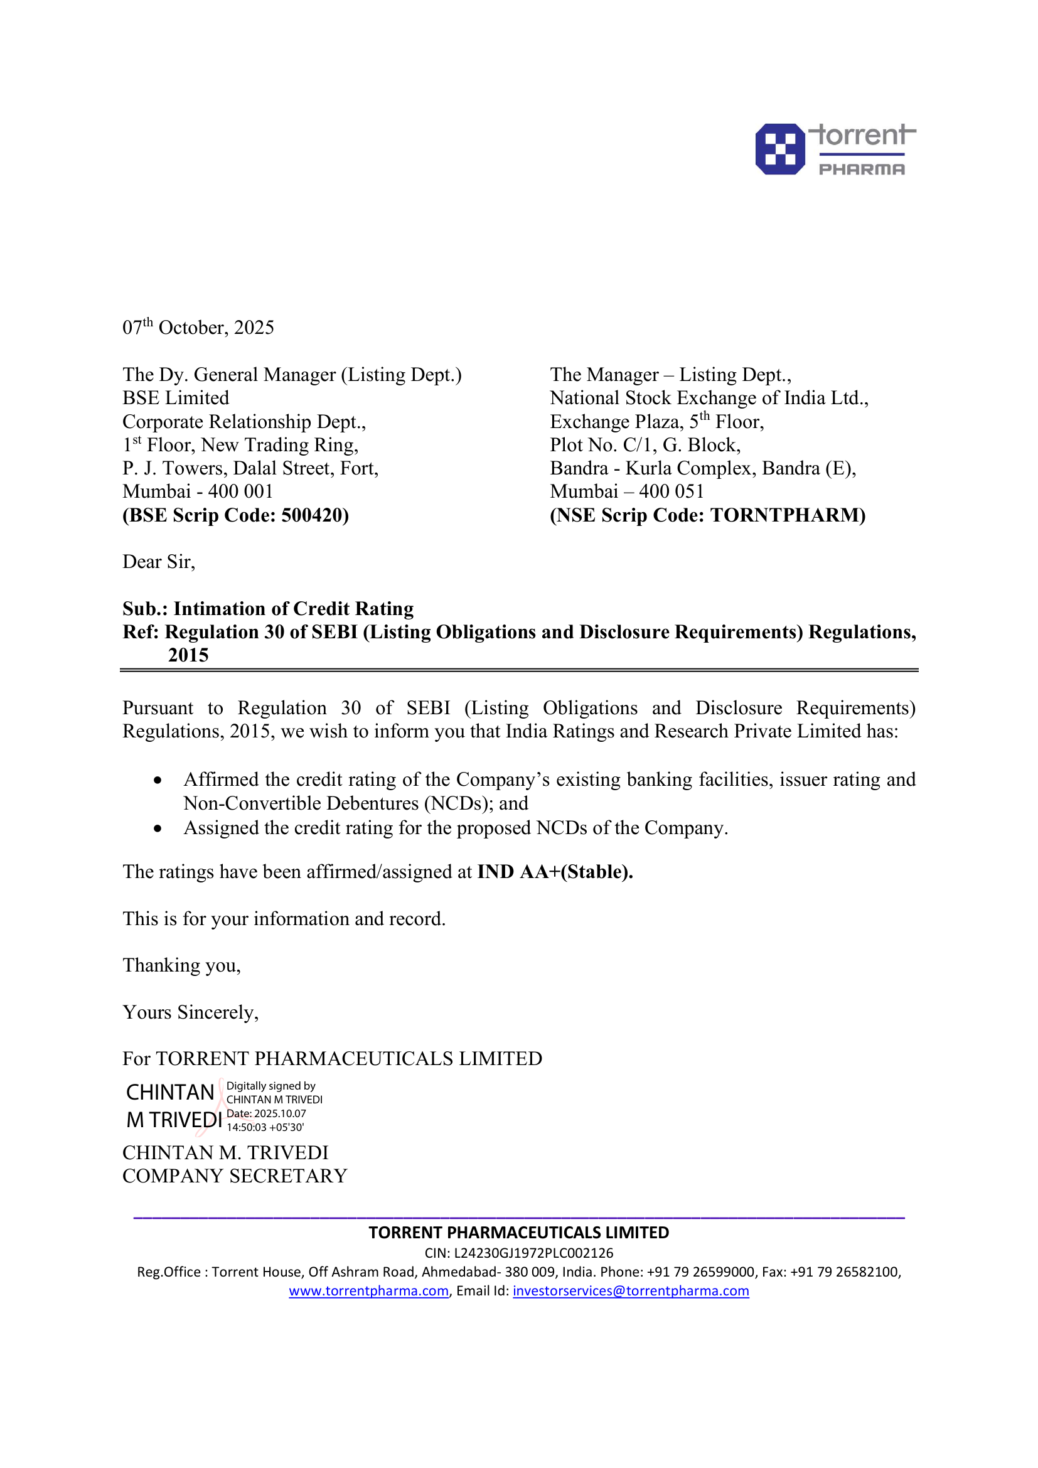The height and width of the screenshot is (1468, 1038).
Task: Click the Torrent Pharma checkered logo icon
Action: (x=780, y=149)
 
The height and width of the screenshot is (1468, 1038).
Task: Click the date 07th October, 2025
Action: (x=198, y=328)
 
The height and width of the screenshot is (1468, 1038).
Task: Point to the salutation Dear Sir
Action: (x=159, y=562)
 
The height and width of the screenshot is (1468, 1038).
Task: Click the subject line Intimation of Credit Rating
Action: (x=293, y=609)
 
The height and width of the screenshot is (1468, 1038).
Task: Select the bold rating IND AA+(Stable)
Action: (x=555, y=872)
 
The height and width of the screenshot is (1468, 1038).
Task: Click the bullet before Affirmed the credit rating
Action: (x=158, y=781)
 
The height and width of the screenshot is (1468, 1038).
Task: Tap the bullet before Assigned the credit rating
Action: (x=158, y=829)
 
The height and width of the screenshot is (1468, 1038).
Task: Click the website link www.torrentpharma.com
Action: (x=369, y=1291)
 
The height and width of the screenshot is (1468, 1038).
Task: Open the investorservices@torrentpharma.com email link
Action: (x=631, y=1291)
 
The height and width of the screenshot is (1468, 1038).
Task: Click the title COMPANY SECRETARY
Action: (x=235, y=1176)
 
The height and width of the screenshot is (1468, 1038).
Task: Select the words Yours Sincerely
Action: (x=191, y=1013)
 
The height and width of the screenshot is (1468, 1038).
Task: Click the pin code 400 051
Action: (x=671, y=491)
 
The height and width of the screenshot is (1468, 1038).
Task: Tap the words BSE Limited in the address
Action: (x=176, y=399)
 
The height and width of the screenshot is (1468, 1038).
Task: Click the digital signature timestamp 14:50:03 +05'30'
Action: (x=265, y=1127)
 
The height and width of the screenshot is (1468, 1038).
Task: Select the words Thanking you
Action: (x=181, y=965)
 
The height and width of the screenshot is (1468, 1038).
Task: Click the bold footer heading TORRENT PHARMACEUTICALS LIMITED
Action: (x=518, y=1233)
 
